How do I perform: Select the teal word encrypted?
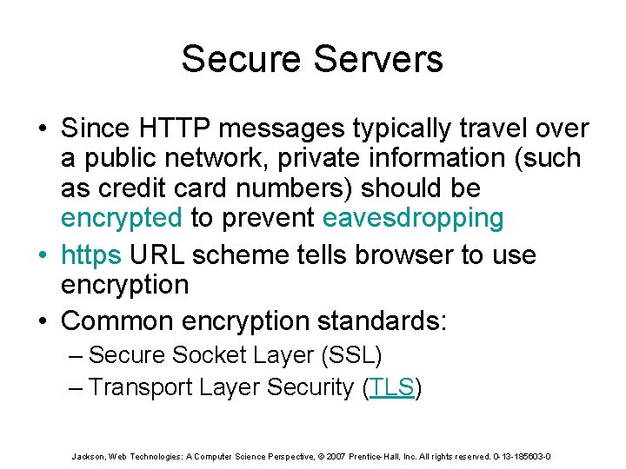[x=121, y=218]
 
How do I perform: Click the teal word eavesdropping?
[x=413, y=218]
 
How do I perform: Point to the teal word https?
[x=95, y=255]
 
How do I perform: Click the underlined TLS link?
[x=392, y=387]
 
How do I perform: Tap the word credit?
[x=140, y=188]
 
